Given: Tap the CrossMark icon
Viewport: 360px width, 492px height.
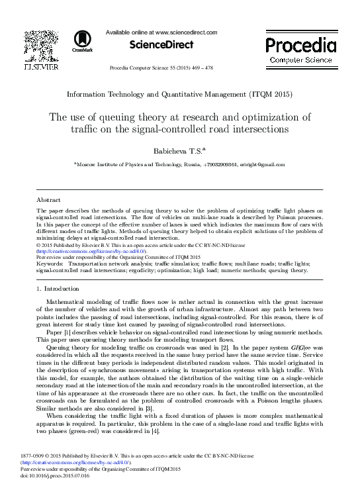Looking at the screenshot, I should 82,42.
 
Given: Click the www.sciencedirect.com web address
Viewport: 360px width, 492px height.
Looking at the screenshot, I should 184,31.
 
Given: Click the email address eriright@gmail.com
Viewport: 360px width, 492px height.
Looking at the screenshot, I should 261,164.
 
